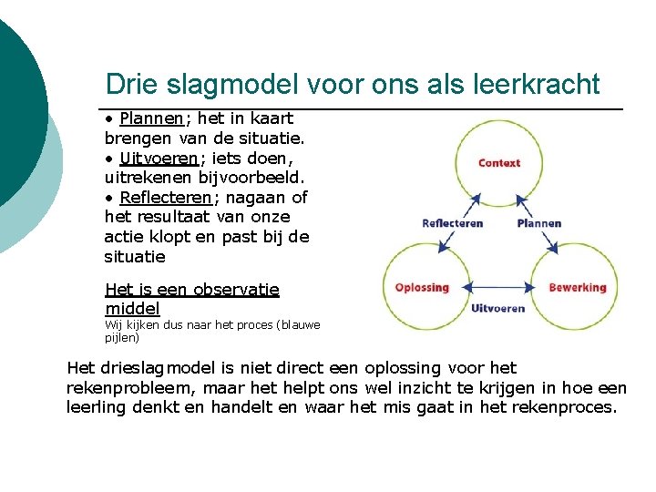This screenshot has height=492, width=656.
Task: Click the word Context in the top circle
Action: (x=499, y=163)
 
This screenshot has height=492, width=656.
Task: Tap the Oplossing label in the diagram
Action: (x=422, y=288)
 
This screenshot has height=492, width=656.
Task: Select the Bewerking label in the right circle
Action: (x=577, y=288)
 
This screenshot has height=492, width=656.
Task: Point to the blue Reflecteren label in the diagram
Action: (x=452, y=223)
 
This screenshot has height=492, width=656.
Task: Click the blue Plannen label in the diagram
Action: (x=538, y=223)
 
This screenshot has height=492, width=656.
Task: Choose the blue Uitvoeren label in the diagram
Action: (x=497, y=308)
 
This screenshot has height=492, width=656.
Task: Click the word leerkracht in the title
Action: (x=538, y=85)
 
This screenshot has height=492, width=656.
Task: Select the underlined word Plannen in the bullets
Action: (x=151, y=118)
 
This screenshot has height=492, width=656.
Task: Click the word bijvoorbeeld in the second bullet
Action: (x=251, y=177)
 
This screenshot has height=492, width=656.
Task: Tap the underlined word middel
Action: (x=132, y=310)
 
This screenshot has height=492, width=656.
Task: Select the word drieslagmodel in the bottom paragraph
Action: (x=152, y=368)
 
